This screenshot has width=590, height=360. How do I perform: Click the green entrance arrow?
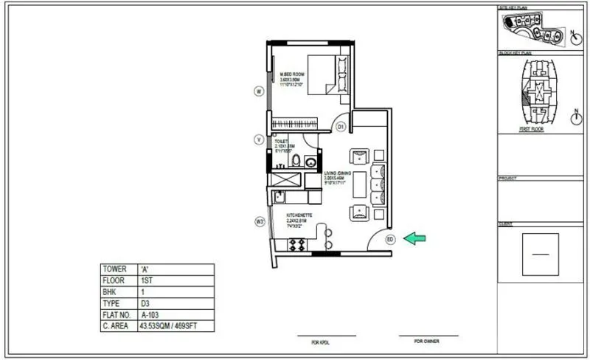click(x=415, y=238)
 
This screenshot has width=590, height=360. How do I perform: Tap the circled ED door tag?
click(x=390, y=238)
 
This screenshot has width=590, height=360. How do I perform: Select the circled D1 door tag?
click(x=341, y=127)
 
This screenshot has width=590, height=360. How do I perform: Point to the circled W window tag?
click(x=259, y=91)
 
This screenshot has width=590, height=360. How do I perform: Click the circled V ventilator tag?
click(x=259, y=139)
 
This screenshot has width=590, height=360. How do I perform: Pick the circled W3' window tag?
click(x=260, y=221)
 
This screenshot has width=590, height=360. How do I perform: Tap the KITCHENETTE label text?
click(x=300, y=215)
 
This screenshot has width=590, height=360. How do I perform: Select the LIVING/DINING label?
click(x=337, y=173)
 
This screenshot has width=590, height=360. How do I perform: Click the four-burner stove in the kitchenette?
click(x=297, y=243)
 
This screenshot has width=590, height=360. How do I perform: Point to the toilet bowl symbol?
click(x=296, y=160)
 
